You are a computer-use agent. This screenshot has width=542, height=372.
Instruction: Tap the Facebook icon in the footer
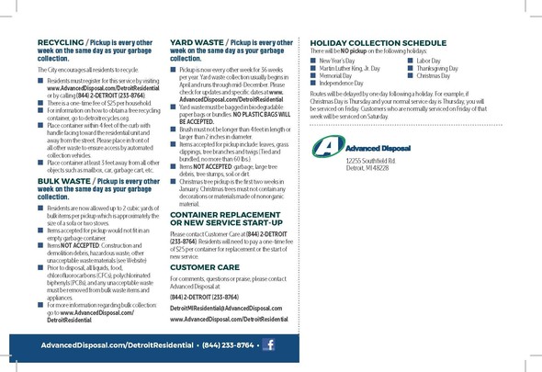point(269,344)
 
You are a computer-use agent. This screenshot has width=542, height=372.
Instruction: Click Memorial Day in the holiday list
point(336,75)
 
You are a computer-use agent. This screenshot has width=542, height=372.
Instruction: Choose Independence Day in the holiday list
point(341,84)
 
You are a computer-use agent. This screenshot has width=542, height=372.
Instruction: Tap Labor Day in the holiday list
point(428,60)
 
